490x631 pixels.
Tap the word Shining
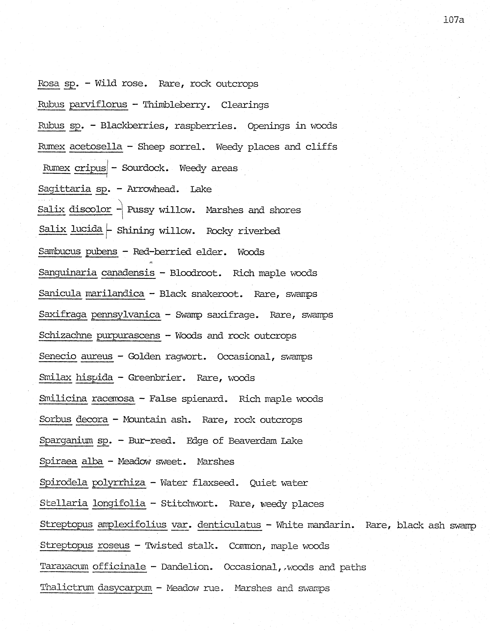(x=136, y=231)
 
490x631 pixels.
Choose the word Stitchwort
(x=189, y=504)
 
